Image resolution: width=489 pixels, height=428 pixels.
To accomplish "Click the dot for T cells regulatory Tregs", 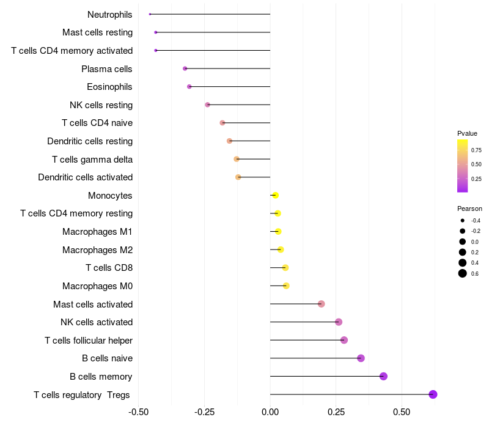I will (x=433, y=394).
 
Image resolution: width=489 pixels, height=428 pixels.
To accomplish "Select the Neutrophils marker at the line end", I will (x=150, y=14).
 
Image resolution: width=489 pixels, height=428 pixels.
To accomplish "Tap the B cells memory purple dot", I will (x=383, y=376).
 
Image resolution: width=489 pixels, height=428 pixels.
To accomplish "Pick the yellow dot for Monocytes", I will (x=275, y=195).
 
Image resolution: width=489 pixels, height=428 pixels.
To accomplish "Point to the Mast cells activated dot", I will (x=321, y=304).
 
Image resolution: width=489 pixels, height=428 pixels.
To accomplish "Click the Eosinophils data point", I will (x=189, y=87).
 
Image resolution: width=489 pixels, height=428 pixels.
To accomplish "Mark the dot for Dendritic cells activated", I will (x=238, y=177).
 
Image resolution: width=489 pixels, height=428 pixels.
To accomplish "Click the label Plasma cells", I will (x=107, y=69).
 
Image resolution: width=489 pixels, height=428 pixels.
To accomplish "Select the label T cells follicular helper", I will (x=89, y=340).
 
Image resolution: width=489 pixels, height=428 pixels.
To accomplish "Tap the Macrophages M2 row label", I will (x=97, y=249).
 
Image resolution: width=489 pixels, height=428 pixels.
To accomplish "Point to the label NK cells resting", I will (x=101, y=105).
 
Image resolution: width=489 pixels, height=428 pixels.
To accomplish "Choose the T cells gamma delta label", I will (x=92, y=160).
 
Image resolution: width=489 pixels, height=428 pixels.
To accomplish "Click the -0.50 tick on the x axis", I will (x=139, y=411).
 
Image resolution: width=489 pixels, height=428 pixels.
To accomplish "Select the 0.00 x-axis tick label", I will (x=270, y=411).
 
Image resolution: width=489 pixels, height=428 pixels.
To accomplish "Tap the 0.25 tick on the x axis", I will (x=336, y=411).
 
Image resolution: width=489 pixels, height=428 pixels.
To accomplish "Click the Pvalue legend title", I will (x=467, y=133).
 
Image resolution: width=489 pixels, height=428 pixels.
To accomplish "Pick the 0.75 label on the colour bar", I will (x=476, y=150).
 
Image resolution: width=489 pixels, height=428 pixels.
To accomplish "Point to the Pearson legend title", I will (x=469, y=208).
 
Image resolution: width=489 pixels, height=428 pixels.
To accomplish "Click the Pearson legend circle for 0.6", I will (x=463, y=273).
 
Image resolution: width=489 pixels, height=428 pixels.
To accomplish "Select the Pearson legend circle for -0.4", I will (x=463, y=220).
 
